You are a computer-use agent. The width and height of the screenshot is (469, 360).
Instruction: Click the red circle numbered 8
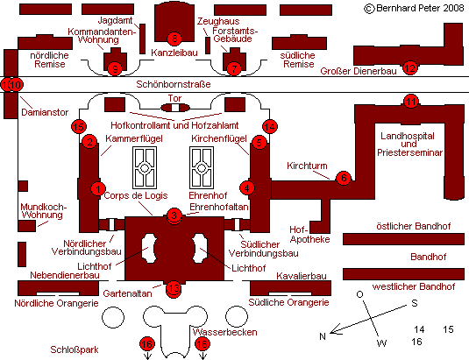pyautogui.click(x=174, y=39)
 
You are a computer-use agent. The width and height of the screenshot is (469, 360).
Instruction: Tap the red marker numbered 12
pyautogui.click(x=410, y=68)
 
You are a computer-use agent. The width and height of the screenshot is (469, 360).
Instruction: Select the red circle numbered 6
pyautogui.click(x=344, y=178)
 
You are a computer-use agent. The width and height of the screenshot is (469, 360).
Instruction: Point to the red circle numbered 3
pyautogui.click(x=174, y=215)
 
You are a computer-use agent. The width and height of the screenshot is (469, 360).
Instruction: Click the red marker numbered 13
pyautogui.click(x=174, y=289)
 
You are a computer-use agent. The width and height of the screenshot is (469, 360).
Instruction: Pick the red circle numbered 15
pyautogui.click(x=79, y=127)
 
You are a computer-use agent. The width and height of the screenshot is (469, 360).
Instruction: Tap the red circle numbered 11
pyautogui.click(x=410, y=102)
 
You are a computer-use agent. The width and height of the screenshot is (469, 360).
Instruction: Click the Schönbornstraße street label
pyautogui.click(x=174, y=84)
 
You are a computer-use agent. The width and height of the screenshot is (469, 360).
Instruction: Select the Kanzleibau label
pyautogui.click(x=174, y=53)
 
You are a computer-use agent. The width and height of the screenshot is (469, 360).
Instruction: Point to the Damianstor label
pyautogui.click(x=45, y=112)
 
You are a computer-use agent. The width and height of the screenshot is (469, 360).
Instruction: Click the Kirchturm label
pyautogui.click(x=307, y=166)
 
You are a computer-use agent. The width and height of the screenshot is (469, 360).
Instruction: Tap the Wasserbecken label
pyautogui.click(x=225, y=332)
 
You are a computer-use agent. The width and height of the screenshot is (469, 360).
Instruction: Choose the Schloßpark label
pyautogui.click(x=75, y=349)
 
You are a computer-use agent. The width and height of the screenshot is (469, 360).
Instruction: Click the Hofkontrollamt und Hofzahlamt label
pyautogui.click(x=174, y=125)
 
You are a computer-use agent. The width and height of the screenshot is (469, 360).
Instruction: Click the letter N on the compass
pyautogui.click(x=323, y=336)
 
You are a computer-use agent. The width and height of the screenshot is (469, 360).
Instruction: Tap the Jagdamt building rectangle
pyautogui.click(x=143, y=39)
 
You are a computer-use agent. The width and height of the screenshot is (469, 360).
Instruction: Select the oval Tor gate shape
pyautogui.click(x=175, y=108)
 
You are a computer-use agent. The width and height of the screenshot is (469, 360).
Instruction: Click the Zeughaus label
pyautogui.click(x=218, y=21)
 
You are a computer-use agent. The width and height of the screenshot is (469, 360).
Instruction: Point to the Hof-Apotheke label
pyautogui.click(x=309, y=235)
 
